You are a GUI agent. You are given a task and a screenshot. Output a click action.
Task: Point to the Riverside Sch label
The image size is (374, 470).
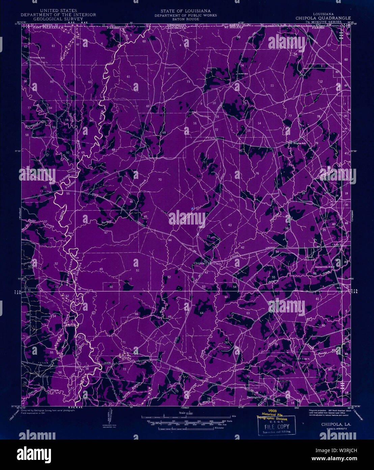[x=37, y=58]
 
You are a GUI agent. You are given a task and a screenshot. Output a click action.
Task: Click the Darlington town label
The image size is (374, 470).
[x=255, y=397]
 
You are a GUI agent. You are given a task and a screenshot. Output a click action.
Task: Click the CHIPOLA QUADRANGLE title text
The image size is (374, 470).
[x=323, y=18]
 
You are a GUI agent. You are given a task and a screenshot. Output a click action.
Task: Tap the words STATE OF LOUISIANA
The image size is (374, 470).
[x=185, y=11]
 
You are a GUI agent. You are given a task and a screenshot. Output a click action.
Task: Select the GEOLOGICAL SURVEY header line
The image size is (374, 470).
[x=58, y=19]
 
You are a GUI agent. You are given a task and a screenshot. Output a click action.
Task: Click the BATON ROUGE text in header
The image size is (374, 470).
[x=185, y=19]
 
